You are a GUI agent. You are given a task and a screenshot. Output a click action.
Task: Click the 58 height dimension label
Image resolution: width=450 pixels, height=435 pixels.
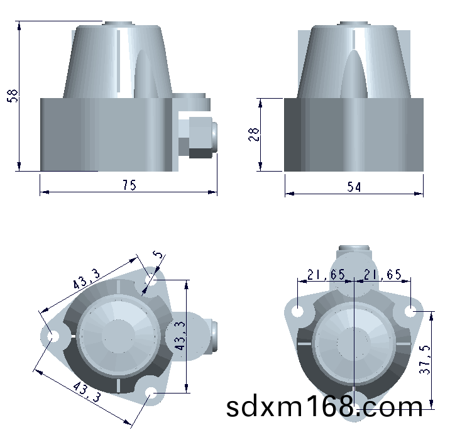pyautogui.click(x=13, y=96)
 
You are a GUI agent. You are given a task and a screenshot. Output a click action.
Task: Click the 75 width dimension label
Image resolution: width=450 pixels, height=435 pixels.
pyautogui.click(x=129, y=185)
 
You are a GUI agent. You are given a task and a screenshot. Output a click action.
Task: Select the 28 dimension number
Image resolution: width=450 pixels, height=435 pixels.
pyautogui.click(x=253, y=135)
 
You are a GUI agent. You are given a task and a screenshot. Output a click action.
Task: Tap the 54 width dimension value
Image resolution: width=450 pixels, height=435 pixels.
pyautogui.click(x=354, y=187)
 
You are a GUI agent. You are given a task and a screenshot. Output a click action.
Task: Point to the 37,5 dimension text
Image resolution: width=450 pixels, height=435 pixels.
pyautogui.click(x=425, y=360)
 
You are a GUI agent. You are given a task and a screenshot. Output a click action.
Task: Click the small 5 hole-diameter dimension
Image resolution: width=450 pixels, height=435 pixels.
pyautogui.click(x=158, y=255)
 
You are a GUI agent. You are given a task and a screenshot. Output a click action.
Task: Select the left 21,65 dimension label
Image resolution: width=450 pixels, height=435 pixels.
pyautogui.click(x=326, y=275)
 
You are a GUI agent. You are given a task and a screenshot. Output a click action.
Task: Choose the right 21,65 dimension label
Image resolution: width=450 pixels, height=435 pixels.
pyautogui.click(x=383, y=275)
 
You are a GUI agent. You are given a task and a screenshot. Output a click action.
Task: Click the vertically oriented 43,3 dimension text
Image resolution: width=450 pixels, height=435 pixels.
pyautogui.click(x=180, y=336)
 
